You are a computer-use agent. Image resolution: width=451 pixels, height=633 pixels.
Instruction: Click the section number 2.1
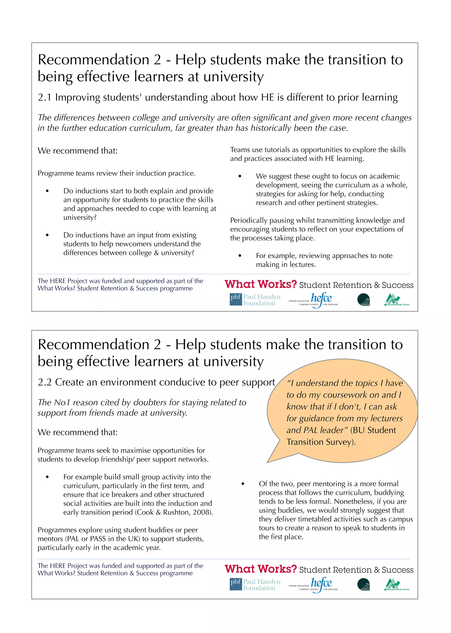(x=44, y=98)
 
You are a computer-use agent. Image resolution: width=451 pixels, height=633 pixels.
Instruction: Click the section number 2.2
(x=45, y=382)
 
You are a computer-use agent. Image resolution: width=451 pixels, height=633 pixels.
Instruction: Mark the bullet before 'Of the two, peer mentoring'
(x=243, y=484)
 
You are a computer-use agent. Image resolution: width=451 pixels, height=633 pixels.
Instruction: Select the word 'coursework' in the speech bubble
(x=345, y=395)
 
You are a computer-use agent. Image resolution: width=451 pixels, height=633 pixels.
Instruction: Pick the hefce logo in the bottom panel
(x=321, y=584)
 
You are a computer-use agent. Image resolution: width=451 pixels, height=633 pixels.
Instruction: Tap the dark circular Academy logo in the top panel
(x=364, y=300)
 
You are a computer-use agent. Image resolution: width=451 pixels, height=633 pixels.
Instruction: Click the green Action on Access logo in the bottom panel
(x=396, y=584)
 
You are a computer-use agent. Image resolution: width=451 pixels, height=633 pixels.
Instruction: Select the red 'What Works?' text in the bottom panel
(x=261, y=569)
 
